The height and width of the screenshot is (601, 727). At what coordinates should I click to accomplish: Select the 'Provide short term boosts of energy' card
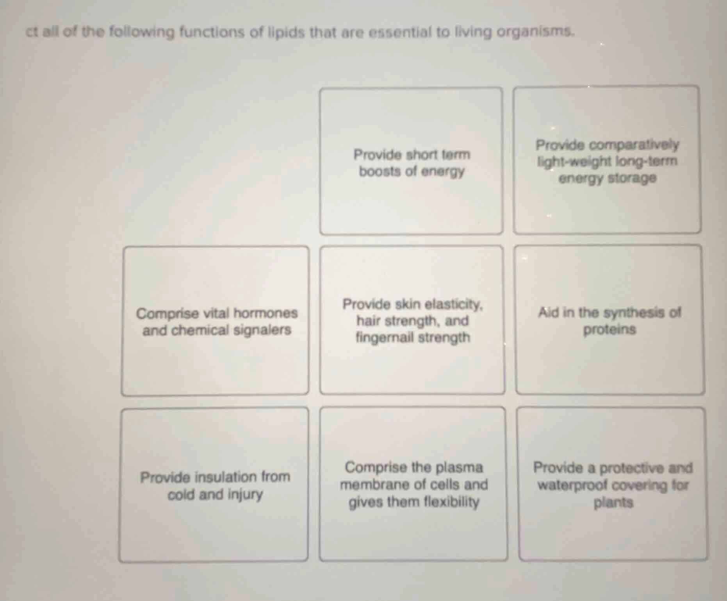click(411, 161)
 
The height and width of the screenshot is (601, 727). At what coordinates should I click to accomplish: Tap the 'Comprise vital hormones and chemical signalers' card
click(215, 321)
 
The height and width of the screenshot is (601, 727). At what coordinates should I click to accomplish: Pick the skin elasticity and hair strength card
click(412, 320)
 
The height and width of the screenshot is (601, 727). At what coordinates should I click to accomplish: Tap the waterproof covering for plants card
click(612, 485)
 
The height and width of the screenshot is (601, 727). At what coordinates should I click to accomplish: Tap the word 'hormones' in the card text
click(265, 313)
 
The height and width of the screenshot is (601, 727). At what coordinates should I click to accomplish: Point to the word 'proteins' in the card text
click(609, 329)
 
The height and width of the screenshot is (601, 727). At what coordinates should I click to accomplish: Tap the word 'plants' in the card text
click(613, 503)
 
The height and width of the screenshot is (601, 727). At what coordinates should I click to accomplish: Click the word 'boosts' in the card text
click(377, 171)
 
